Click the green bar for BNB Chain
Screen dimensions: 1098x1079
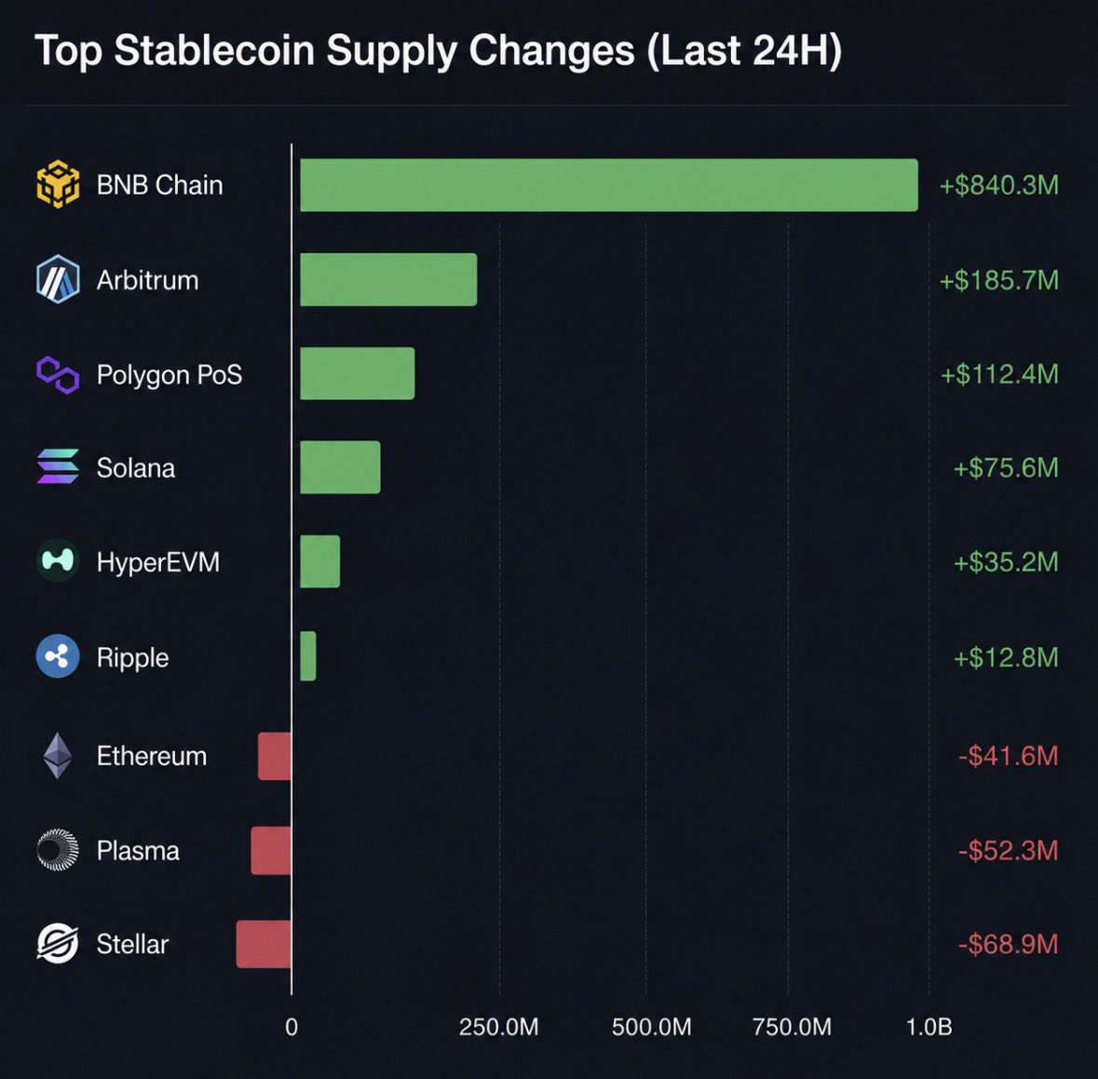click(608, 185)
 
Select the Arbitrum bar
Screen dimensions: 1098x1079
click(388, 279)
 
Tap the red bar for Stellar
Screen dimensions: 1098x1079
click(264, 944)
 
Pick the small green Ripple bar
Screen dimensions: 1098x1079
click(307, 656)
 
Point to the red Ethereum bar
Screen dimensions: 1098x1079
click(275, 756)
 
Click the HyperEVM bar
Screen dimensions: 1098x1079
click(320, 561)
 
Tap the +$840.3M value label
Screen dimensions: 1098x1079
click(998, 185)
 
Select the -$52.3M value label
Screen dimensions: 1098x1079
click(1008, 851)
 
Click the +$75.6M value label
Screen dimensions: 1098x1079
click(1006, 467)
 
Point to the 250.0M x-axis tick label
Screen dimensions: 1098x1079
click(498, 1027)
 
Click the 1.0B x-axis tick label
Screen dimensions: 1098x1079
click(929, 1027)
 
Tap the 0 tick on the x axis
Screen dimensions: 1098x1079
click(291, 1027)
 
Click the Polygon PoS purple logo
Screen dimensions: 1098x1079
click(58, 374)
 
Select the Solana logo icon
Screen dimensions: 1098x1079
click(58, 466)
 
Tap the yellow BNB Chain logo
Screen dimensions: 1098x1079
click(58, 184)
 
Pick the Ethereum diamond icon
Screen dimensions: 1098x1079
click(58, 756)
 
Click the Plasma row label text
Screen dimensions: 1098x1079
click(138, 851)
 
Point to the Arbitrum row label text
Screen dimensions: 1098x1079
click(148, 280)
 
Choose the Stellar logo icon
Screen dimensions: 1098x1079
click(58, 943)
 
